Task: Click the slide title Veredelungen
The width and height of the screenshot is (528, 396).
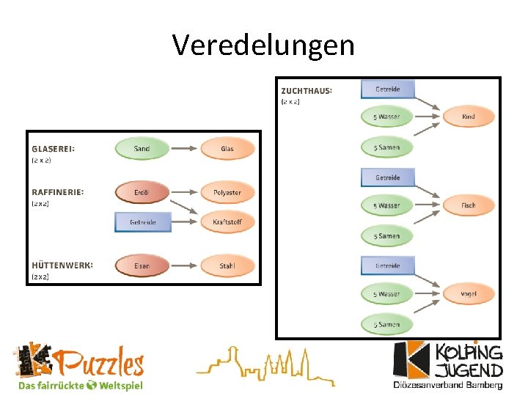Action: pyautogui.click(x=263, y=45)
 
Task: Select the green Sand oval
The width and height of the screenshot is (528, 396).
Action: pyautogui.click(x=142, y=148)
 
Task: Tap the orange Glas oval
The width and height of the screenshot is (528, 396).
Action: pyautogui.click(x=227, y=148)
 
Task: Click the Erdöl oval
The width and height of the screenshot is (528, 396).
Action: pyautogui.click(x=142, y=192)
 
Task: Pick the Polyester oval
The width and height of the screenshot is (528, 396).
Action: pyautogui.click(x=227, y=192)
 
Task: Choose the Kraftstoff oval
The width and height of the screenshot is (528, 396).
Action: pyautogui.click(x=227, y=221)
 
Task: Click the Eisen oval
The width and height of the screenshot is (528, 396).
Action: pyautogui.click(x=142, y=265)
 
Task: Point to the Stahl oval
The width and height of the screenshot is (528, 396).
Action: pyautogui.click(x=227, y=265)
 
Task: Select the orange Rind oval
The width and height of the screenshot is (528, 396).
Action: pyautogui.click(x=469, y=117)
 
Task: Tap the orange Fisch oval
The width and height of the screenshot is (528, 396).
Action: pyautogui.click(x=469, y=205)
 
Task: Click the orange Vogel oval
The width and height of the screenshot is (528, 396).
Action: pyautogui.click(x=469, y=294)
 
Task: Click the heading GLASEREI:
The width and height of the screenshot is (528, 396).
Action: pyautogui.click(x=53, y=147)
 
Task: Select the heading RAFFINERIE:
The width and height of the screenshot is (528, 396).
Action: pyautogui.click(x=58, y=191)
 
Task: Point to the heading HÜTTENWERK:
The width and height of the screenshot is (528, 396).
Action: pyautogui.click(x=62, y=265)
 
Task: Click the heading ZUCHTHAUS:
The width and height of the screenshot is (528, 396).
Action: pyautogui.click(x=307, y=90)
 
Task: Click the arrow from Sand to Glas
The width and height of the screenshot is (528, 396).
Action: pyautogui.click(x=184, y=148)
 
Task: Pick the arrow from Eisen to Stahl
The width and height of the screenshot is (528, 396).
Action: pyautogui.click(x=184, y=265)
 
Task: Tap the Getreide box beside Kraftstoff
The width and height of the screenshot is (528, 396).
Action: pyautogui.click(x=143, y=221)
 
